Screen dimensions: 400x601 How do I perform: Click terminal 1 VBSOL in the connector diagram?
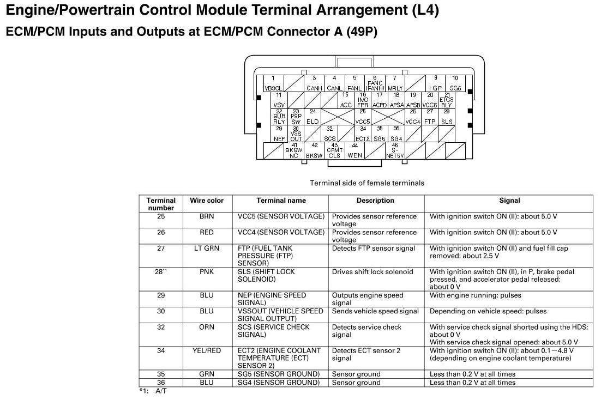pos(273,83)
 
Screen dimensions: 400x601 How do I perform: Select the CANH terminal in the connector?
pos(314,83)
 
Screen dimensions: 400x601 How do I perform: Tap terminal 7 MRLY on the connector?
pos(395,83)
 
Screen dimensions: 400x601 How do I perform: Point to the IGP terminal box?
pos(435,83)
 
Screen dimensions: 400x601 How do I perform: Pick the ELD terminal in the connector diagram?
pos(312,117)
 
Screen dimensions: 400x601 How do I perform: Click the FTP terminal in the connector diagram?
pos(430,117)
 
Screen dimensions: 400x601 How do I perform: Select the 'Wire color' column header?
pos(207,201)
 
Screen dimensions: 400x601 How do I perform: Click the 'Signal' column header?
pos(509,201)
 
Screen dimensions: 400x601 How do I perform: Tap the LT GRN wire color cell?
pos(207,249)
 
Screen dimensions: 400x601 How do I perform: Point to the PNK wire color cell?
pos(207,272)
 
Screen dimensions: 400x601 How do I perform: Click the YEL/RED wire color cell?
pos(207,351)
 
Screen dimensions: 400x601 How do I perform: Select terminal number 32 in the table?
pos(161,328)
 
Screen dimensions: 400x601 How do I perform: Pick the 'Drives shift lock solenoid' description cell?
pos(372,272)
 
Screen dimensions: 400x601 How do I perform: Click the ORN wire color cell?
pos(207,328)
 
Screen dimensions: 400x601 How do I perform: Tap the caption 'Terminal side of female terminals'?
pos(367,183)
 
